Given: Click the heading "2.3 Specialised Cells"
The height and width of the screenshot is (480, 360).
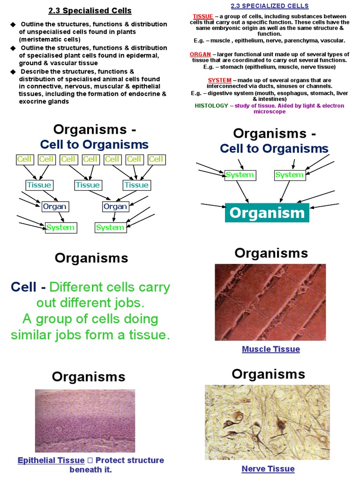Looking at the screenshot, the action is [90, 10].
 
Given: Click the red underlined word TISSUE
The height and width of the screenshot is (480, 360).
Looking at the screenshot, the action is [202, 16].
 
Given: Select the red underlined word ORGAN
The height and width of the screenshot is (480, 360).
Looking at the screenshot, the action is [200, 54].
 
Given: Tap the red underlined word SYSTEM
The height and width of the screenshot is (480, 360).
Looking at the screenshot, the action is [219, 80].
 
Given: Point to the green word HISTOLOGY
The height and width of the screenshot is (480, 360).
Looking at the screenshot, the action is [211, 106].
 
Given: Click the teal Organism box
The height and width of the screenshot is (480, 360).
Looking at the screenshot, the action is [267, 213].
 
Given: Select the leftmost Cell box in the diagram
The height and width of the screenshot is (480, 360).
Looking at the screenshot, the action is [24, 159].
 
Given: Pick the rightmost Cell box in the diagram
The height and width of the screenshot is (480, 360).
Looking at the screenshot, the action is [156, 159].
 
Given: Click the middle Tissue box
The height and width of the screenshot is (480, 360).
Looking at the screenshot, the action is [88, 185].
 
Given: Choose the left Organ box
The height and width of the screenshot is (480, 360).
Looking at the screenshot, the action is [54, 206].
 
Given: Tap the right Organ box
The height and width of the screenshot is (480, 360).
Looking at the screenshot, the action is [115, 206].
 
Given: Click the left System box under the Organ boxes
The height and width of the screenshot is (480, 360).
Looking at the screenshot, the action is [60, 228].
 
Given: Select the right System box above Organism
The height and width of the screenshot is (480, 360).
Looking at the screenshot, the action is [289, 175].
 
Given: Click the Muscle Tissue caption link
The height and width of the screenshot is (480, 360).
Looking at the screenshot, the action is [271, 349].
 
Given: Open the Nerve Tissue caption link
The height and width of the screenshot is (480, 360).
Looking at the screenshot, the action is [268, 469].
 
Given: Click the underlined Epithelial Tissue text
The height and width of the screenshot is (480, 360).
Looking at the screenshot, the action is [51, 460].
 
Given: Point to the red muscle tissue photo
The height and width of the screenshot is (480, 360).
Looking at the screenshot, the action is [270, 302].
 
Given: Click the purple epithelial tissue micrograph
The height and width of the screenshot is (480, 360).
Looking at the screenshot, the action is [85, 420].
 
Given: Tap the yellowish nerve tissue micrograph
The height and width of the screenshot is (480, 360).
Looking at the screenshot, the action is [267, 422].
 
